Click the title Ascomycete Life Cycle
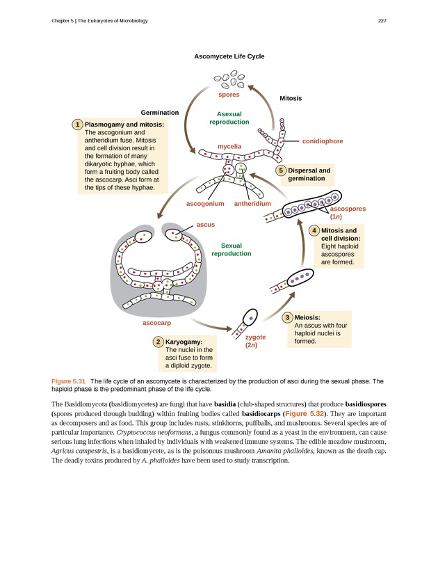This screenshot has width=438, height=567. (x=229, y=56)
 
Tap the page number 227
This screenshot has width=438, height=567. (x=382, y=19)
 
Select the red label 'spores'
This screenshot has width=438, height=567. (x=229, y=95)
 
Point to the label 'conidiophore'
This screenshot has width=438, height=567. (x=323, y=141)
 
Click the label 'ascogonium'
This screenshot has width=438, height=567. (x=205, y=204)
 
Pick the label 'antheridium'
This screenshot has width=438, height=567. (x=252, y=204)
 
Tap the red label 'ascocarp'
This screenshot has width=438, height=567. (x=157, y=324)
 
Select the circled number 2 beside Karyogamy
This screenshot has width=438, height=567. (x=159, y=342)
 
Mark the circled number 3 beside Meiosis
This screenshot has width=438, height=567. (x=288, y=317)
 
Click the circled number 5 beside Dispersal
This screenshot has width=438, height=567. (x=281, y=170)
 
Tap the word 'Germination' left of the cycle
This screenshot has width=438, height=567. (x=160, y=113)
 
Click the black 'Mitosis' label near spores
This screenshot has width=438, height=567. (x=291, y=99)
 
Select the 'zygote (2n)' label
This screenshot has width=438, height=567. (x=252, y=341)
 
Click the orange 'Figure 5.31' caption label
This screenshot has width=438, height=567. (x=68, y=381)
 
